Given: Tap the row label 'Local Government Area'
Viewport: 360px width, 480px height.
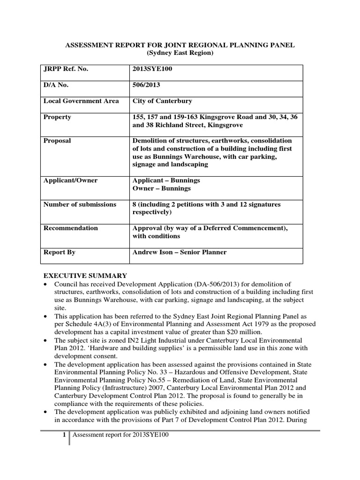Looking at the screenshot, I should click(81, 101).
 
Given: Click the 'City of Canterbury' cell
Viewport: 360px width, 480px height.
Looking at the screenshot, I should click(162, 101).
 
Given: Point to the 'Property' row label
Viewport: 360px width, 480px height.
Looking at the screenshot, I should click(57, 117).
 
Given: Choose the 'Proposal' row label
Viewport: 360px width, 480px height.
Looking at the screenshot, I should click(58, 141).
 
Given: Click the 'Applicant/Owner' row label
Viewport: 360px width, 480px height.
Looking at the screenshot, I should click(70, 180).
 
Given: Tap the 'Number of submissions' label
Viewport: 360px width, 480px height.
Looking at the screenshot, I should click(80, 204).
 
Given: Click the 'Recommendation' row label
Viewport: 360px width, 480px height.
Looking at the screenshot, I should click(71, 228).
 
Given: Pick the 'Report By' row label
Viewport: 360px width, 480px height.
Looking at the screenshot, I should click(60, 252).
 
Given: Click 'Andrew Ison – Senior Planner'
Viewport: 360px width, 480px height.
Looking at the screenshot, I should click(180, 252).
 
